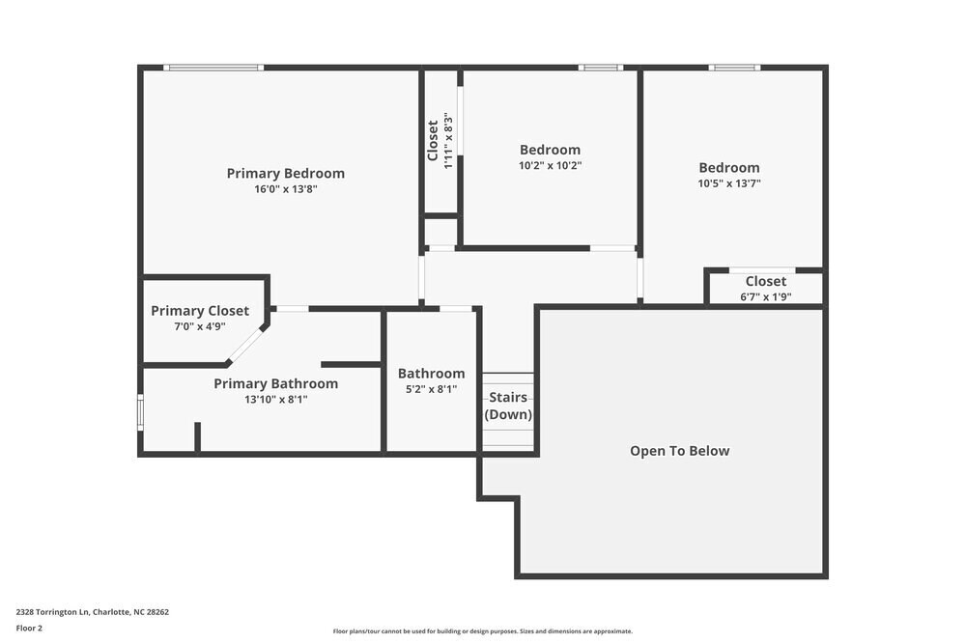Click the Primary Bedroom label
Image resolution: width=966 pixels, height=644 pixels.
[285, 174]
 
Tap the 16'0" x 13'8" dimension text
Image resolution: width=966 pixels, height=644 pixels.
[286, 190]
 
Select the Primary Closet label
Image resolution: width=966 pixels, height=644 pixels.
[200, 311]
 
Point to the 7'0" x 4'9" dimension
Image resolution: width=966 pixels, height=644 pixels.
[200, 327]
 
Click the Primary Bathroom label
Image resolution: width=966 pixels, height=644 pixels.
[275, 384]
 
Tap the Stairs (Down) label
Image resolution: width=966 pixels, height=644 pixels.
[508, 406]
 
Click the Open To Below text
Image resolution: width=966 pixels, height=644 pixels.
[679, 451]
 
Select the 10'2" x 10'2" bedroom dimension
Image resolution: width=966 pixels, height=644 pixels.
[551, 165]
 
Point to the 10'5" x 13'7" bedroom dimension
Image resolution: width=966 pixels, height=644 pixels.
[729, 183]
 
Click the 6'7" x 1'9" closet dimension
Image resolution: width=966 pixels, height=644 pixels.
[765, 297]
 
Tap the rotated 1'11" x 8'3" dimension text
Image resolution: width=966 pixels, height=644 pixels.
[448, 141]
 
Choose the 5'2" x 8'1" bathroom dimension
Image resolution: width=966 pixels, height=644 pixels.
[431, 389]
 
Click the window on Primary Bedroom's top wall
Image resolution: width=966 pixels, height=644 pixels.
[213, 68]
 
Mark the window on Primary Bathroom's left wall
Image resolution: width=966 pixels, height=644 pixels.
[140, 413]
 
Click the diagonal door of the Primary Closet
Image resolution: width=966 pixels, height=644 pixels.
[246, 345]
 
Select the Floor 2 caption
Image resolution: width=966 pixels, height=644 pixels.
[29, 628]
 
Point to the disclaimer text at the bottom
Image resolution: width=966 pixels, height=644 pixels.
[483, 631]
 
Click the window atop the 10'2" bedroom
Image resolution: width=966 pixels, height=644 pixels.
[601, 68]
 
